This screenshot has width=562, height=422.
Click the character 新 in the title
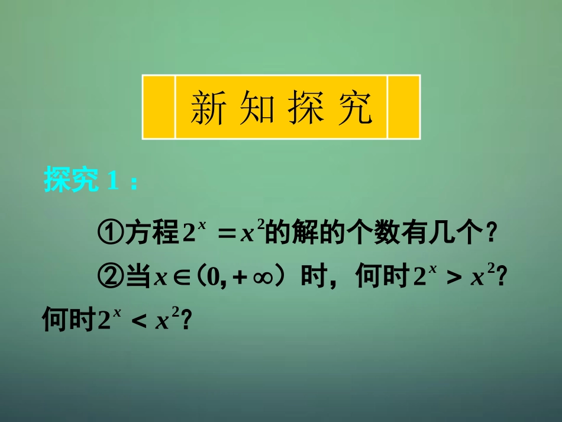(x=208, y=108)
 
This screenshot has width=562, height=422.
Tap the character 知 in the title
(x=257, y=108)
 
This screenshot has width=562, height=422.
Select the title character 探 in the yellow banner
(x=306, y=108)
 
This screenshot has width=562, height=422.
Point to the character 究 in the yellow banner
(x=355, y=108)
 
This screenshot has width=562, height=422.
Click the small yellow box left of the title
(x=159, y=107)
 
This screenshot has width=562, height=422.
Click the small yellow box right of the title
(x=403, y=107)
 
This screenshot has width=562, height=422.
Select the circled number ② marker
(x=109, y=277)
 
